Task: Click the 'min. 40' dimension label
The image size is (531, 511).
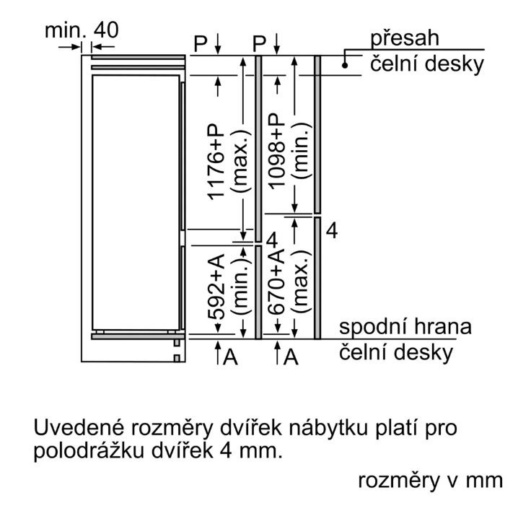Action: click(x=82, y=30)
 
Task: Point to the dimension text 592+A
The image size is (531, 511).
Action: click(x=216, y=287)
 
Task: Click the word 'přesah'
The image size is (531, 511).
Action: click(x=405, y=39)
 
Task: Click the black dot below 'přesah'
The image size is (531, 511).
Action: click(x=345, y=66)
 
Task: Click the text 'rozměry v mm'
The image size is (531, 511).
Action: click(x=431, y=481)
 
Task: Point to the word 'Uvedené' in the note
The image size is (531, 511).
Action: click(x=79, y=427)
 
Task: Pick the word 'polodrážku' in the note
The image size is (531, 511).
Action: click(x=89, y=452)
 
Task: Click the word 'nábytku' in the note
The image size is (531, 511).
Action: click(x=328, y=428)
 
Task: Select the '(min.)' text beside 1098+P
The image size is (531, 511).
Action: click(x=301, y=150)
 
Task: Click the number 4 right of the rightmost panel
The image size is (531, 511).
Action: click(x=332, y=231)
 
